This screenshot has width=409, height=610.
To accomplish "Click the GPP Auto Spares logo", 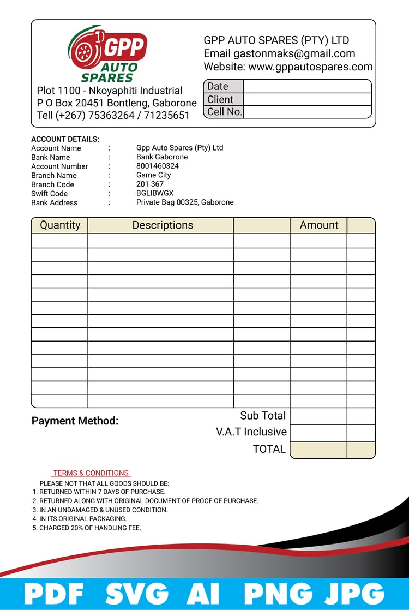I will pyautogui.click(x=108, y=53).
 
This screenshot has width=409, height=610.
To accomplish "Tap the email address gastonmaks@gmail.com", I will pyautogui.click(x=294, y=53).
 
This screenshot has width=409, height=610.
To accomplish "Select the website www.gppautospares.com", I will pyautogui.click(x=310, y=67).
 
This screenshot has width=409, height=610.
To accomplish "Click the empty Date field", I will pyautogui.click(x=307, y=86).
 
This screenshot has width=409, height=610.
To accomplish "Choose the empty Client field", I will pyautogui.click(x=307, y=99).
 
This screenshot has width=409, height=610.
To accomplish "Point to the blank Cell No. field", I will pyautogui.click(x=307, y=112).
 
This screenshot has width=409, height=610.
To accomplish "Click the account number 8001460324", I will pyautogui.click(x=158, y=166).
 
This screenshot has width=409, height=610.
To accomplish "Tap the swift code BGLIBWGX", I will pyautogui.click(x=155, y=193).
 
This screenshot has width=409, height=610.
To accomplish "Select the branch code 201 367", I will pyautogui.click(x=150, y=184).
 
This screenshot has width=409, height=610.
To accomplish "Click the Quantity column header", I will pyautogui.click(x=60, y=225).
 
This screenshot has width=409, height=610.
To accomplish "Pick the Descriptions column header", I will pyautogui.click(x=163, y=225).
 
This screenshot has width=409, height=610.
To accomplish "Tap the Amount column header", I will pyautogui.click(x=319, y=225).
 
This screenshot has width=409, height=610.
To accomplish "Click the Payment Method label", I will pyautogui.click(x=75, y=421).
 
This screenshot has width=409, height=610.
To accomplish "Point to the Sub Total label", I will pyautogui.click(x=263, y=416).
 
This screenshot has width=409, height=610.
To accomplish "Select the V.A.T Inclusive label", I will pyautogui.click(x=251, y=432).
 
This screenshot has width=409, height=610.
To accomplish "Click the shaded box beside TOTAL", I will pyautogui.click(x=318, y=450).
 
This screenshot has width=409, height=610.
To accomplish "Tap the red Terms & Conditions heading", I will pyautogui.click(x=91, y=473).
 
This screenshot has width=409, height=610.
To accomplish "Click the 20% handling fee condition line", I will pyautogui.click(x=90, y=528).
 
